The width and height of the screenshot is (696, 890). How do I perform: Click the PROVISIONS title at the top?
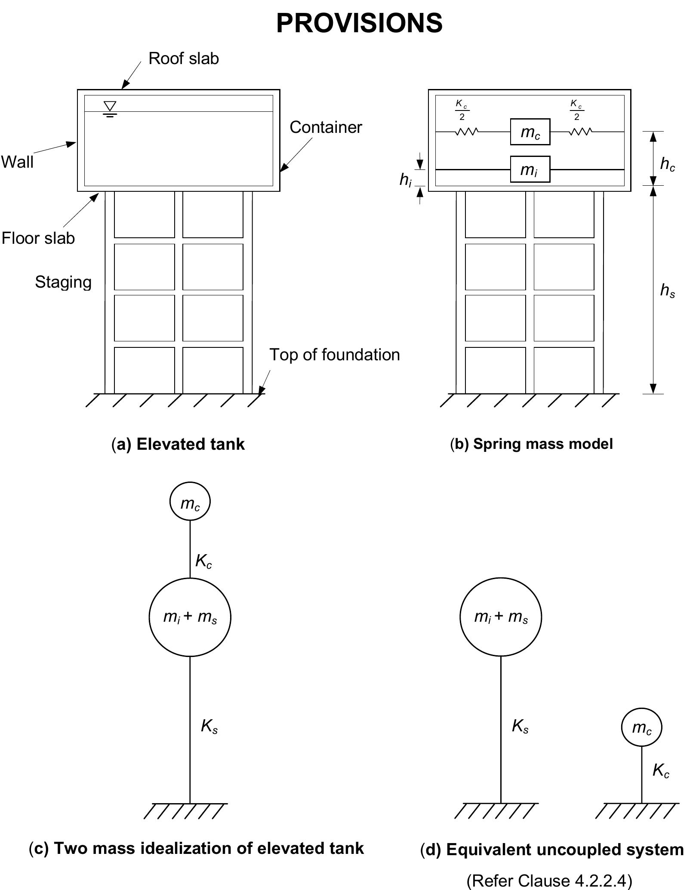359,23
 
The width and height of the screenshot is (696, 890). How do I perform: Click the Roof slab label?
184,58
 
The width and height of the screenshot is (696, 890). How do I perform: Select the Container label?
326,127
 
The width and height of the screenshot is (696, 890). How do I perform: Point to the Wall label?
17,162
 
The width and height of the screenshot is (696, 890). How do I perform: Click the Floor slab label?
38,238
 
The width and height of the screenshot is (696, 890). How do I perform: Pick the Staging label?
63,282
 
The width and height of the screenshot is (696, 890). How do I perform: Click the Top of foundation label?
334,355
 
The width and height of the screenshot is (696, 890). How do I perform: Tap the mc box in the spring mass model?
530,132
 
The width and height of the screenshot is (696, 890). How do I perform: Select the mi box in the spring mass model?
530,169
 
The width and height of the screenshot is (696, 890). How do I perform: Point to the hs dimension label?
667,291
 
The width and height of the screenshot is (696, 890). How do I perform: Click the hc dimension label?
667,164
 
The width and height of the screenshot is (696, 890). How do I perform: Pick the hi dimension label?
405,180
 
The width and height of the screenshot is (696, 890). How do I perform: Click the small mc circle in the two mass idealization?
190,501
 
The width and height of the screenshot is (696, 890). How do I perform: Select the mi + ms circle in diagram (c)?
190,617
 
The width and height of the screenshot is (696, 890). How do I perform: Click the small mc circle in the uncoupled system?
641,727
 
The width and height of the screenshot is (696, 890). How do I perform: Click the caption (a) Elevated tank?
178,444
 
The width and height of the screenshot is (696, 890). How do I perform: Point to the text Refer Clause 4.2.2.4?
549,881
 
